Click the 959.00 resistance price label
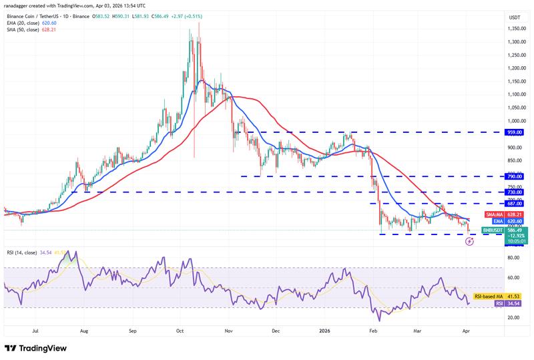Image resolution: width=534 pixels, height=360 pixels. pos(514,132)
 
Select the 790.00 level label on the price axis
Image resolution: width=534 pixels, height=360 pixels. pos(514,176)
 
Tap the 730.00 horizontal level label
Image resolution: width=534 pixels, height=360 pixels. pos(514,192)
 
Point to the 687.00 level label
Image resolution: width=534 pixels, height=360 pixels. pos(514,203)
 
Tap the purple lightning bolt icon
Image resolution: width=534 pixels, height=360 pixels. pos(469,240)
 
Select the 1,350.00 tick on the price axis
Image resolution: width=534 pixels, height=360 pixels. pos(514,29)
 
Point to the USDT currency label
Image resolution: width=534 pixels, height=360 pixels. pos(514,17)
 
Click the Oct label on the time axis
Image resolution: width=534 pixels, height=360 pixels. pos(180,330)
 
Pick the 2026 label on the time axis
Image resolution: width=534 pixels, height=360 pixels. pos(325,330)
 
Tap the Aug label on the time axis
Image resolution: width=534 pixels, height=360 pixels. pos(84,330)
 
